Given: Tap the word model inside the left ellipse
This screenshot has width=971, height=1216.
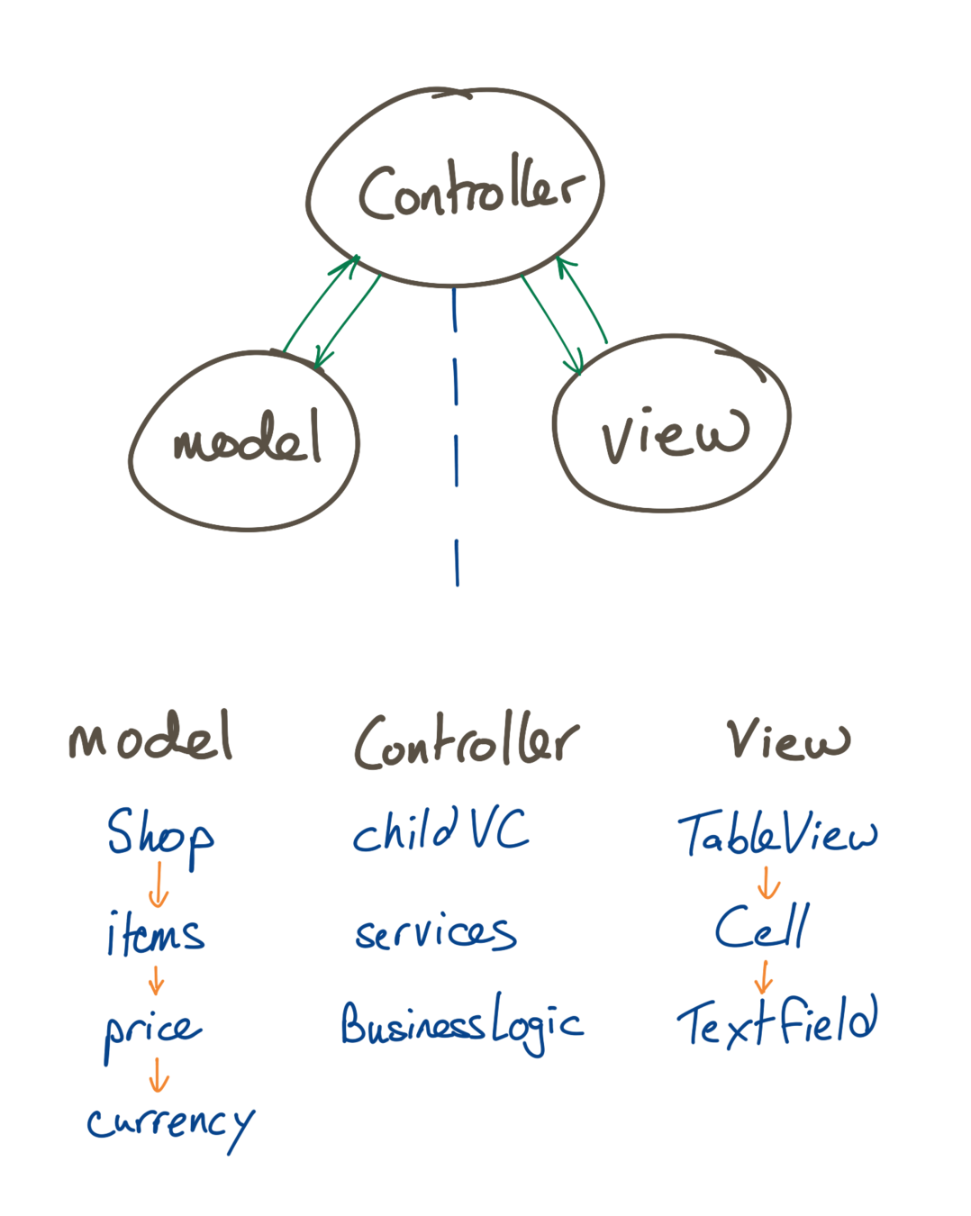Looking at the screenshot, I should [246, 440].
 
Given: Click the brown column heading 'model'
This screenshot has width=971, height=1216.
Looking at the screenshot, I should [150, 738].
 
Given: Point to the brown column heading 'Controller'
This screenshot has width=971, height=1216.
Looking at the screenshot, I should [465, 741].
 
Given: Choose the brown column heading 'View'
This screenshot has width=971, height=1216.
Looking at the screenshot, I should [788, 740].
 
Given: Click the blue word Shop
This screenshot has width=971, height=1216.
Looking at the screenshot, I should [160, 833].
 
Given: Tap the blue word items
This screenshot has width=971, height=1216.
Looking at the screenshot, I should [156, 933].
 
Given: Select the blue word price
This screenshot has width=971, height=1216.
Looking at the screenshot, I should [152, 1029].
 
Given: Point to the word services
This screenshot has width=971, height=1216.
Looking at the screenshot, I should [435, 931].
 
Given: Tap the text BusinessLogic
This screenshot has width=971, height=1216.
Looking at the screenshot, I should [461, 1025].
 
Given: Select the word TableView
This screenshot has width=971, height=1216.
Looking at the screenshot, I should [776, 833].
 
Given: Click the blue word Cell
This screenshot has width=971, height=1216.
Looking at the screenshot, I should [761, 927].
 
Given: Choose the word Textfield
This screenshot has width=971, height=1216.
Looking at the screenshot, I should [776, 1022].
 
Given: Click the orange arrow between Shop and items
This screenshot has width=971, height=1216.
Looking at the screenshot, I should [159, 885].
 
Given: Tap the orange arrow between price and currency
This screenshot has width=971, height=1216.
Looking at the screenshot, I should [159, 1074].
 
